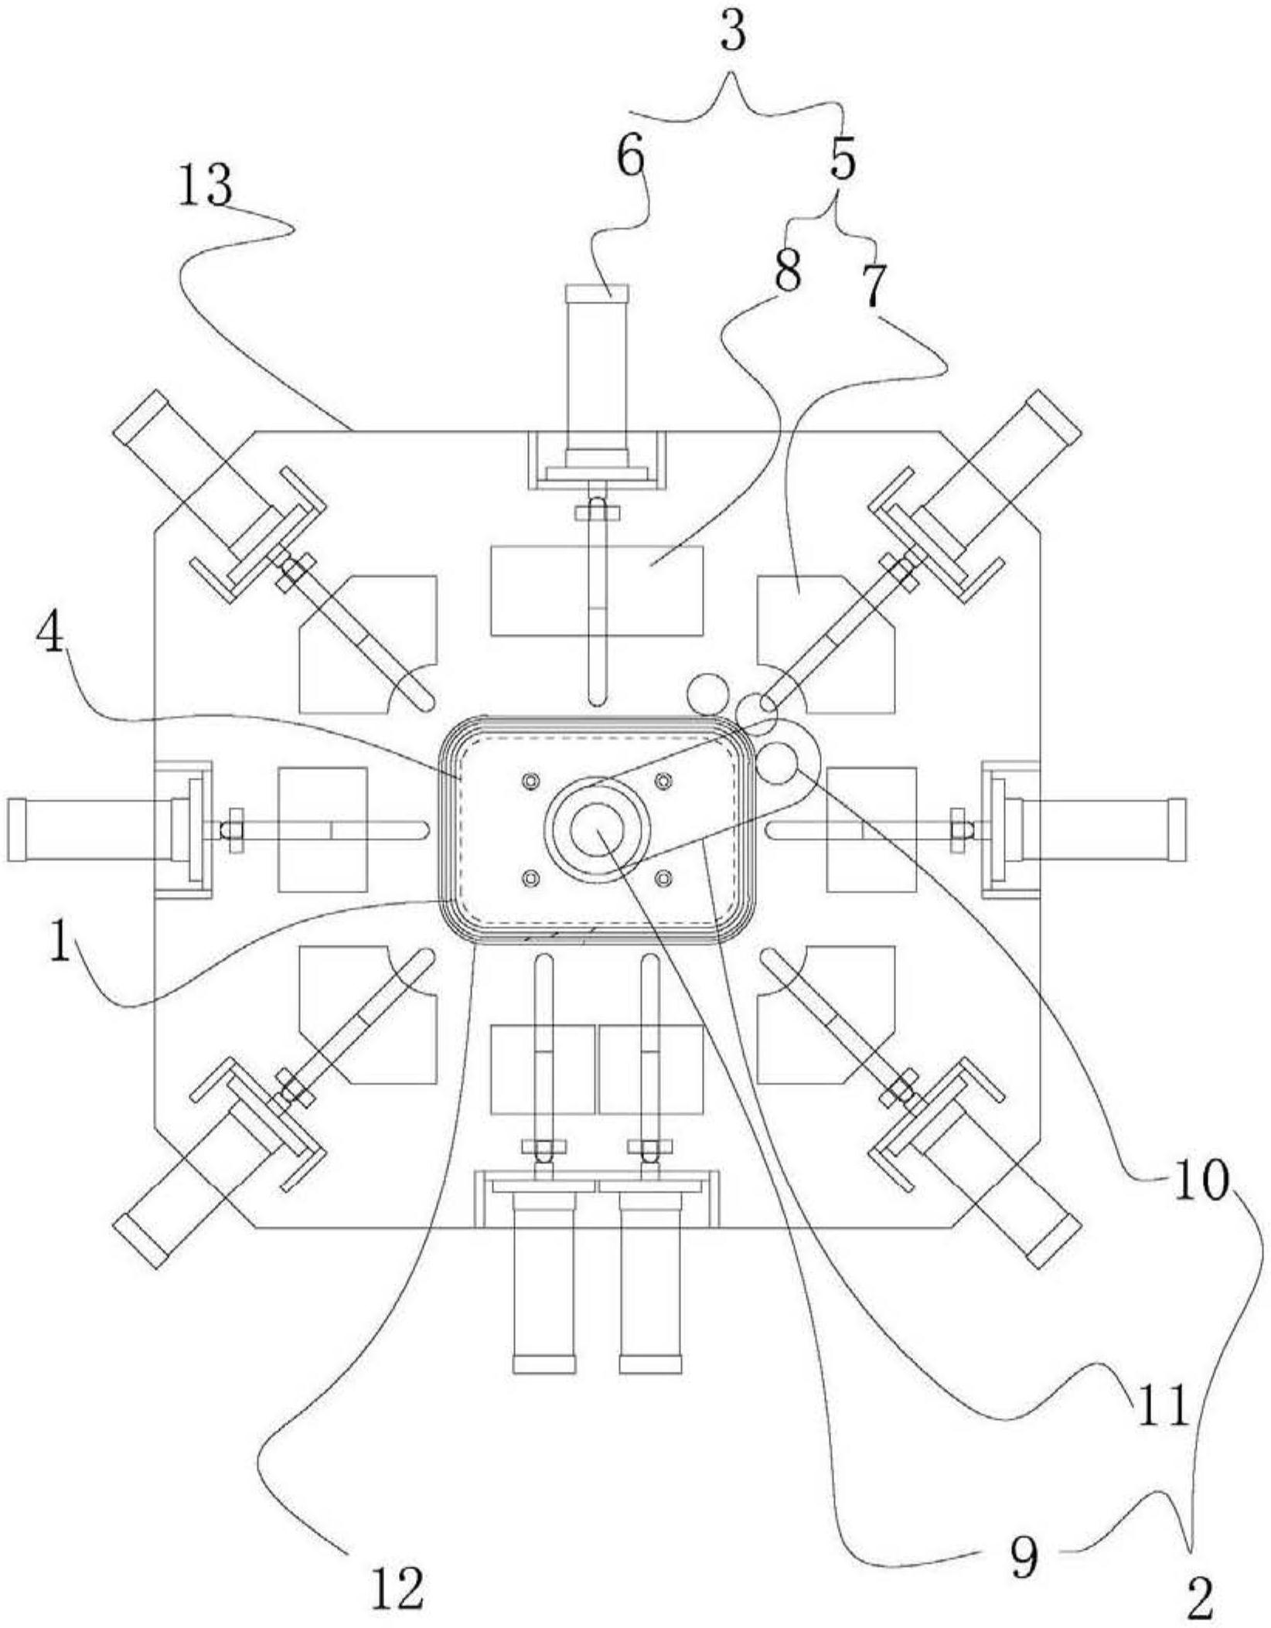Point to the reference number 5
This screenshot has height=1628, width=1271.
pos(842,159)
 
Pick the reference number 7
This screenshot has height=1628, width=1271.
pos(872,285)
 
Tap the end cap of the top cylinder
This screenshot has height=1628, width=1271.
pos(598,293)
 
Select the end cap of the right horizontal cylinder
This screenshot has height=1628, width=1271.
pos(1178,829)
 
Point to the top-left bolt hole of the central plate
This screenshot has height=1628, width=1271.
pos(530,782)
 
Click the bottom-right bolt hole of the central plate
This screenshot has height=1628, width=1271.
pos(663,877)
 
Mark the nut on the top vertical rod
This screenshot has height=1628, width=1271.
pos(598,512)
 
